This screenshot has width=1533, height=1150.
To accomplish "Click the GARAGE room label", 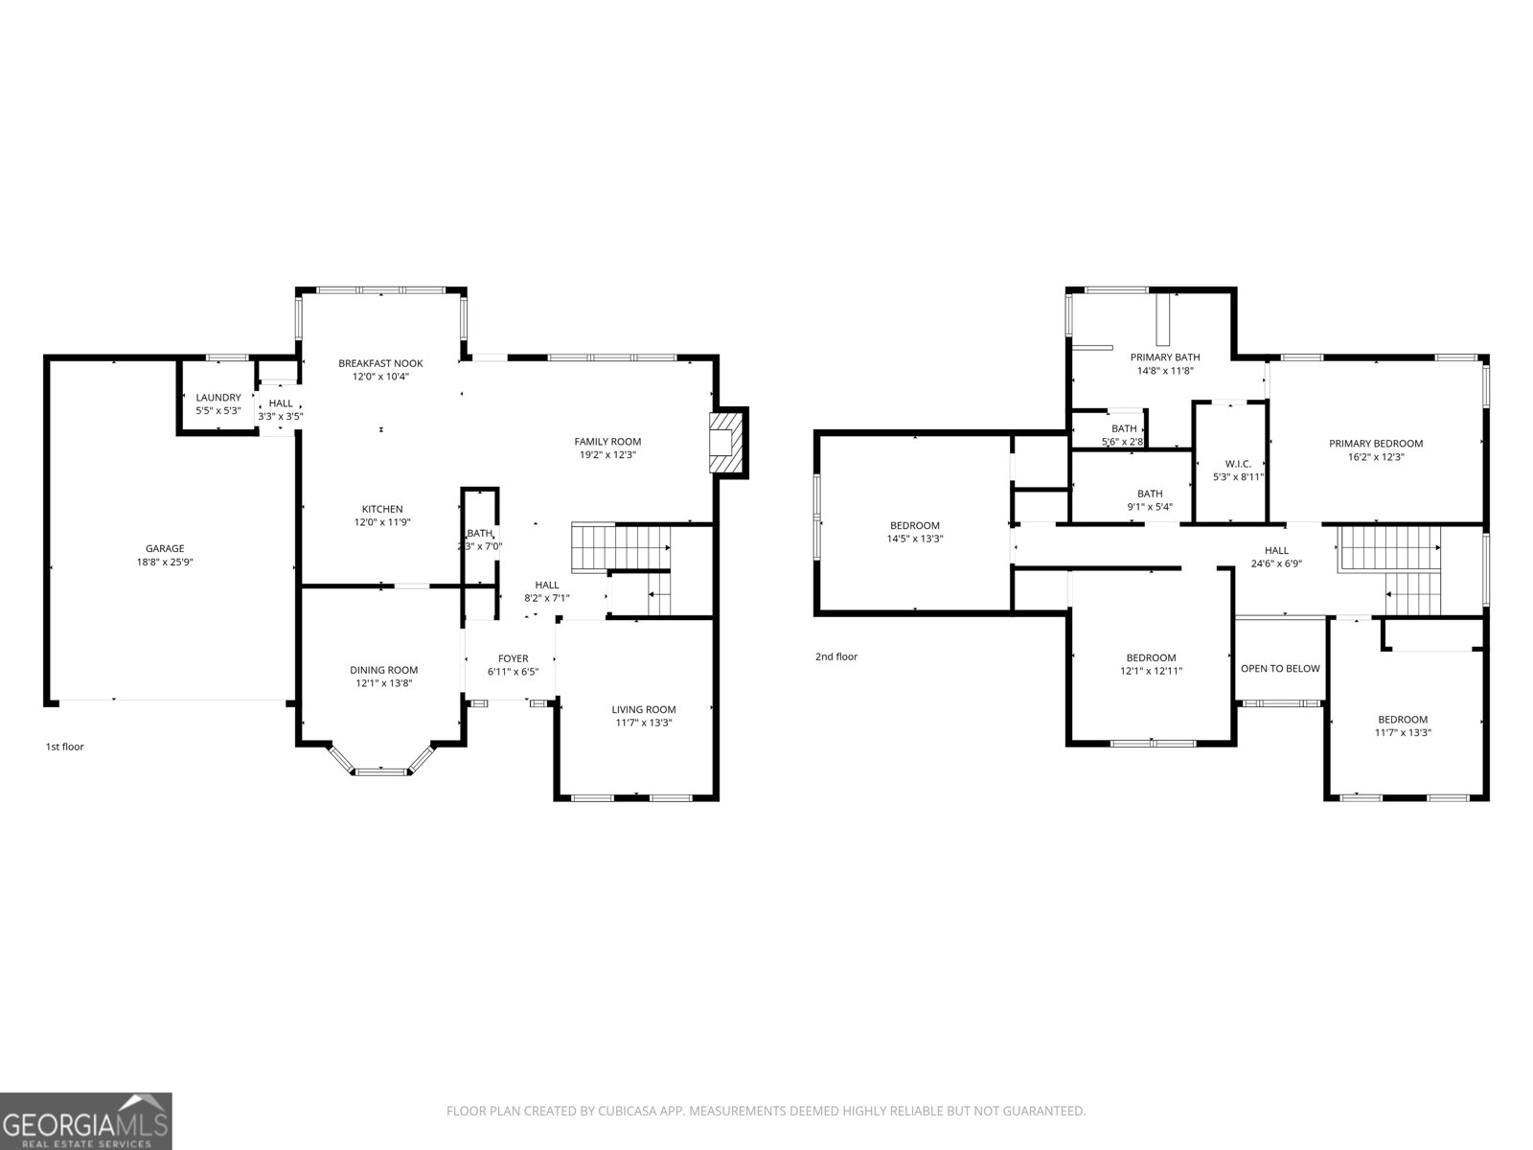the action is click(165, 549).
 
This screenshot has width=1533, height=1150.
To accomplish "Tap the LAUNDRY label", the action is click(218, 398).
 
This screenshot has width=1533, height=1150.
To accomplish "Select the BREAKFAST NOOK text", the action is click(380, 363).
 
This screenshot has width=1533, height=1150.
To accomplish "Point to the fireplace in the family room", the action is click(725, 443).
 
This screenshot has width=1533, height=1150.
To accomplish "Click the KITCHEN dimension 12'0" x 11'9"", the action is click(382, 522).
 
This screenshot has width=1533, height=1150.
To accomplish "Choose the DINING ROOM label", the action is click(384, 670).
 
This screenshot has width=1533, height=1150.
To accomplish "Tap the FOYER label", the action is click(514, 658).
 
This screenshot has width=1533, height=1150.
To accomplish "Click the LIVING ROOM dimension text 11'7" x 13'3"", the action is click(644, 723).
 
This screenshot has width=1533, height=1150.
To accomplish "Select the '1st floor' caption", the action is click(65, 747).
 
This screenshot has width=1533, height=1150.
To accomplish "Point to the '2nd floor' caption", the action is click(836, 656).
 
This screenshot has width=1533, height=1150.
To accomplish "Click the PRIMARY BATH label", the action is click(1166, 357).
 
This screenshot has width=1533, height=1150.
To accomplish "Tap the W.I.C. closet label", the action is click(1238, 464).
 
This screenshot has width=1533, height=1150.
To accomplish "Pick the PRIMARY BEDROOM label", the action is click(1376, 444).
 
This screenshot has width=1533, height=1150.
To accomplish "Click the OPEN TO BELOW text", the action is click(1280, 668).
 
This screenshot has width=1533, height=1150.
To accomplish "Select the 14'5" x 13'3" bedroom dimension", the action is click(915, 539).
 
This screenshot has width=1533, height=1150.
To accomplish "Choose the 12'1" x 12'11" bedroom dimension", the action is click(1151, 671).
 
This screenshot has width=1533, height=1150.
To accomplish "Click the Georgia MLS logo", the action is click(86, 1121).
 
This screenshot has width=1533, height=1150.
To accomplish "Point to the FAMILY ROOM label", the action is click(607, 441).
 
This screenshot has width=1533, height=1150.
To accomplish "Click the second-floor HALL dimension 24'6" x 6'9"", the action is click(1276, 564).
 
